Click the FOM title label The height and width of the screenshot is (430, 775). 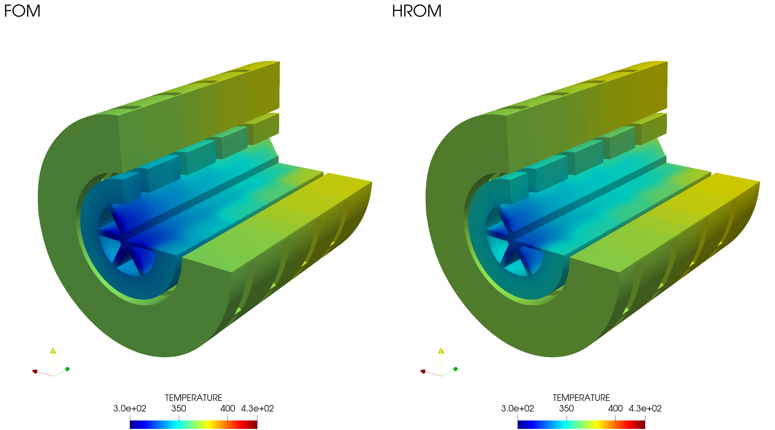pyautogui.click(x=22, y=11)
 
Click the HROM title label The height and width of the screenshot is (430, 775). pyautogui.click(x=417, y=11)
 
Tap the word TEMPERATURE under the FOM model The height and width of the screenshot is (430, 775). pyautogui.click(x=193, y=398)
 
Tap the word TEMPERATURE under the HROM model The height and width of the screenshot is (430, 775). pyautogui.click(x=581, y=398)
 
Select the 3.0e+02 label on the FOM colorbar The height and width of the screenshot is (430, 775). pyautogui.click(x=130, y=408)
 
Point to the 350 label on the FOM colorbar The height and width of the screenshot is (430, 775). pyautogui.click(x=179, y=408)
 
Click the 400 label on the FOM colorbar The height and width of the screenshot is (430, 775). pyautogui.click(x=227, y=408)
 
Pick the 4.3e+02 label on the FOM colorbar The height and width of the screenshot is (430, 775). pyautogui.click(x=257, y=408)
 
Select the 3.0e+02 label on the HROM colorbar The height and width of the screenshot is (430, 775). pyautogui.click(x=518, y=408)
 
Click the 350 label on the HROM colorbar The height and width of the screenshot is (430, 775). pyautogui.click(x=567, y=408)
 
